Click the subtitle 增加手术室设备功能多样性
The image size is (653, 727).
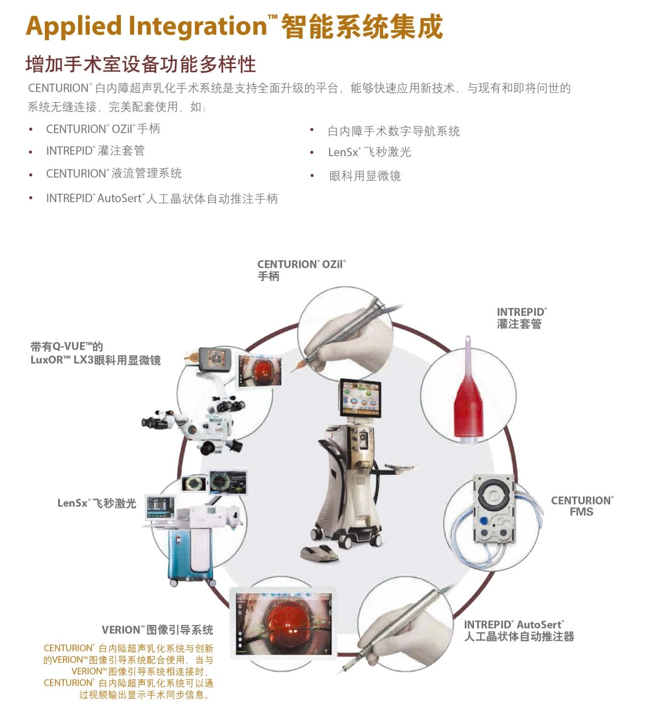[141, 64]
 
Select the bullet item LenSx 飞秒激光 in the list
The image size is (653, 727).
[369, 152]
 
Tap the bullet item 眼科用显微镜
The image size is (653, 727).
[365, 176]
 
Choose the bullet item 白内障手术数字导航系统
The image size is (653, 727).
[394, 131]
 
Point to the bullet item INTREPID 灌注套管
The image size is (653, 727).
[95, 151]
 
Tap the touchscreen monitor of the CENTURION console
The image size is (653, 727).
[360, 398]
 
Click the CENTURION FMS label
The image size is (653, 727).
[582, 506]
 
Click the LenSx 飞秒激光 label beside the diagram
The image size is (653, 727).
[97, 503]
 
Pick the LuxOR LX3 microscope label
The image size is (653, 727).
[95, 354]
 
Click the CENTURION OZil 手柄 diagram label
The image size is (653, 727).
[302, 270]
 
